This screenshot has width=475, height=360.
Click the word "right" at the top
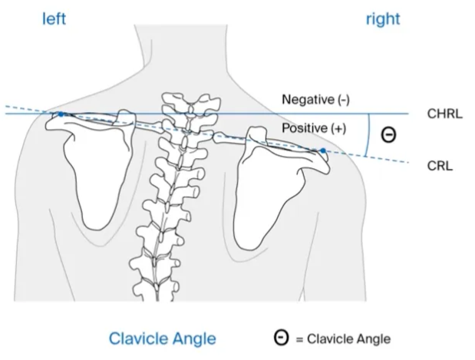(x=382, y=19)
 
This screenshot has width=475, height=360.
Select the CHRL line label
(x=444, y=114)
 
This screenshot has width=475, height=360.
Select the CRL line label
(x=439, y=164)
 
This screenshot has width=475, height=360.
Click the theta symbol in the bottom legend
(x=282, y=338)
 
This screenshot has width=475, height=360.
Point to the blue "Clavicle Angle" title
(x=162, y=338)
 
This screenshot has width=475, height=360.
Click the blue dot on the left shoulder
(x=61, y=114)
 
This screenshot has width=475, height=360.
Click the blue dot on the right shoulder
(x=323, y=150)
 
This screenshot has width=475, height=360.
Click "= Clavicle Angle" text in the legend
(x=342, y=338)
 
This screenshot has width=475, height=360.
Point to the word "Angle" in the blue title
(x=196, y=338)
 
